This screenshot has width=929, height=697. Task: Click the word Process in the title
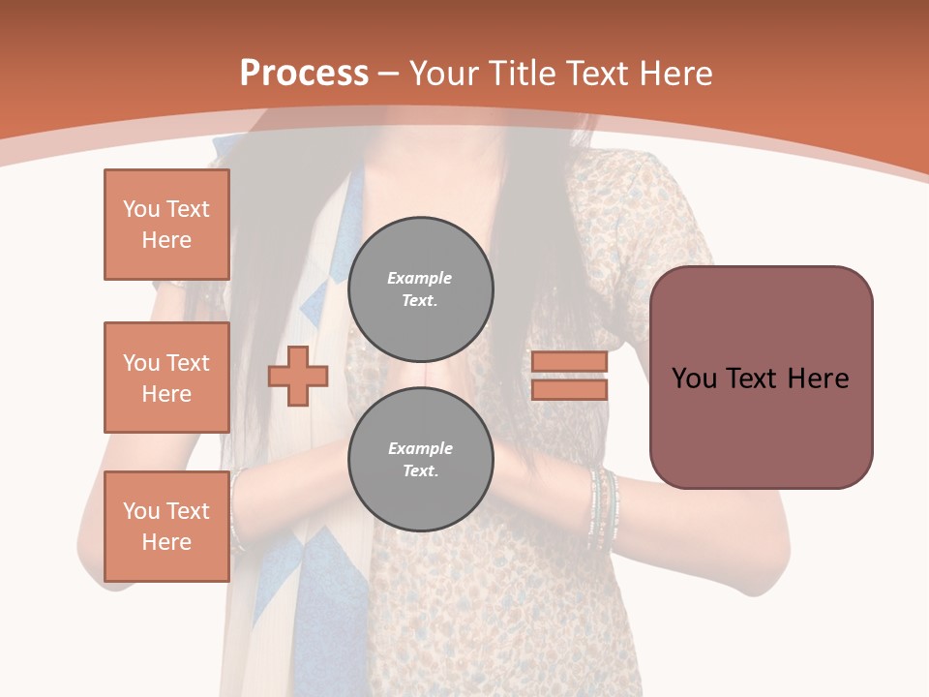tap(304, 74)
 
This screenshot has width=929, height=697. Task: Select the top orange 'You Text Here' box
tap(166, 225)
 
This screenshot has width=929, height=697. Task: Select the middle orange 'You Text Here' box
tap(166, 378)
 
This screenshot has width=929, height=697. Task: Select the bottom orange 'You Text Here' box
tap(166, 526)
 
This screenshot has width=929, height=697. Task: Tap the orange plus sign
tap(298, 376)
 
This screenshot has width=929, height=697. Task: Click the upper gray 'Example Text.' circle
tap(420, 288)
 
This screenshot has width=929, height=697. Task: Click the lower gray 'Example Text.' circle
tap(420, 459)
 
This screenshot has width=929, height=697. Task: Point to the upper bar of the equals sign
tap(569, 361)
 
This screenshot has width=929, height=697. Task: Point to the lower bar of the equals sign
tap(569, 389)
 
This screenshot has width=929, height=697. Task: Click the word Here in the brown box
tap(818, 378)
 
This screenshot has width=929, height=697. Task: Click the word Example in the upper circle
tap(420, 278)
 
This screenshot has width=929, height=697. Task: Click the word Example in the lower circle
tap(420, 448)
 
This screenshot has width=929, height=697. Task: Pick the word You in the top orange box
tap(140, 209)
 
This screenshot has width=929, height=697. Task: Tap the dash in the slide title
tap(389, 74)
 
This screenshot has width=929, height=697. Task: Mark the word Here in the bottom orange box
tap(166, 542)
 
